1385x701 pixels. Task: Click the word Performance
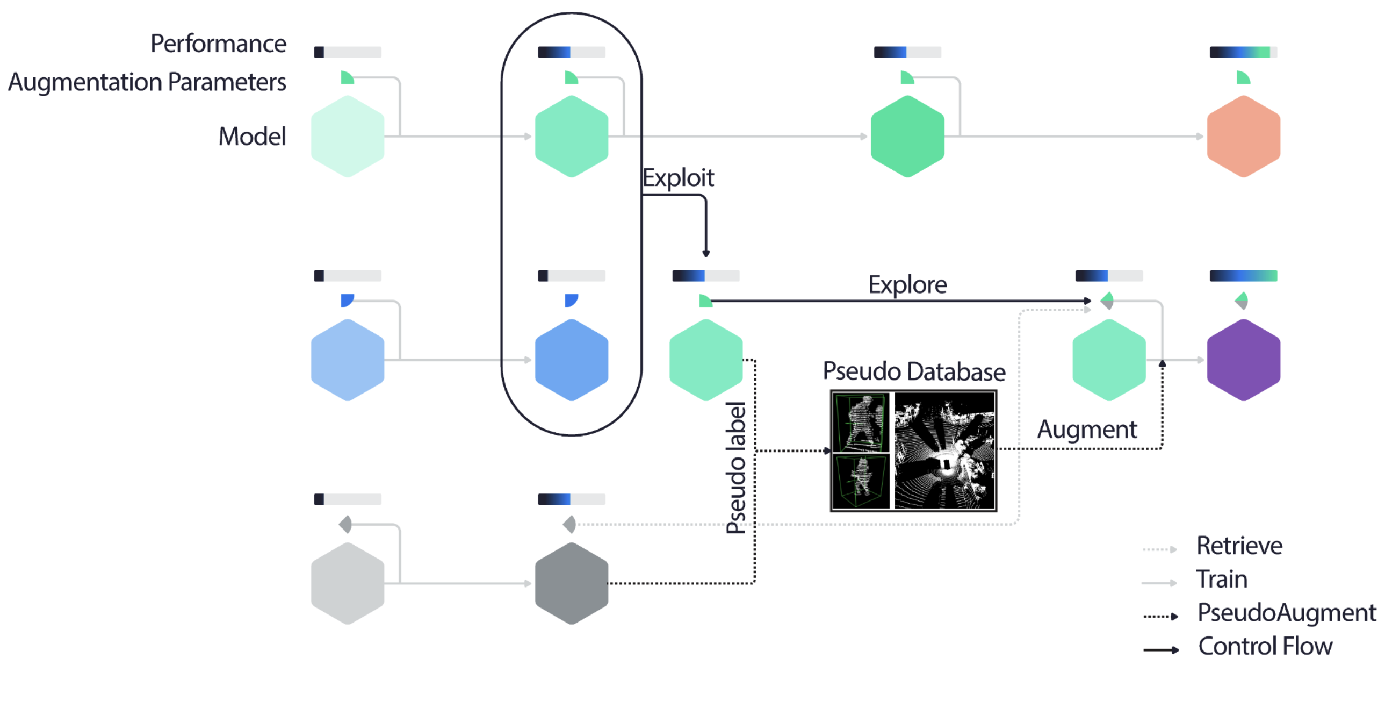[218, 44]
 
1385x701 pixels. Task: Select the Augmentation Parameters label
[147, 82]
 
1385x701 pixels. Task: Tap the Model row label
[251, 136]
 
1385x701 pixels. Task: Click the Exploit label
[678, 177]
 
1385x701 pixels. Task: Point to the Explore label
[907, 284]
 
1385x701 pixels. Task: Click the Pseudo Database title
[913, 371]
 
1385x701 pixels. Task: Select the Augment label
[1087, 430]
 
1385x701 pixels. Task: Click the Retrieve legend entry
[1239, 546]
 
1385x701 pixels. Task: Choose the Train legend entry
[1221, 580]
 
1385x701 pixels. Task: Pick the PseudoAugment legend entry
[1286, 613]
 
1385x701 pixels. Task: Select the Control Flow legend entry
[1265, 646]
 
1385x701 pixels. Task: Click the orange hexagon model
[1243, 136]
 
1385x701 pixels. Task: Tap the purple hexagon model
[1243, 360]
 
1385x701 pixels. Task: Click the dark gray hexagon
[572, 583]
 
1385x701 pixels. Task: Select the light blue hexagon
[348, 360]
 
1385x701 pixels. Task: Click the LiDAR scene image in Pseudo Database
[944, 451]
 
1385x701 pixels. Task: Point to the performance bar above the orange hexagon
[1243, 52]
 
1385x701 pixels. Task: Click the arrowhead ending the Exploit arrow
[706, 253]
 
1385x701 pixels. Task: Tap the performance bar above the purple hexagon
[1243, 276]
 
